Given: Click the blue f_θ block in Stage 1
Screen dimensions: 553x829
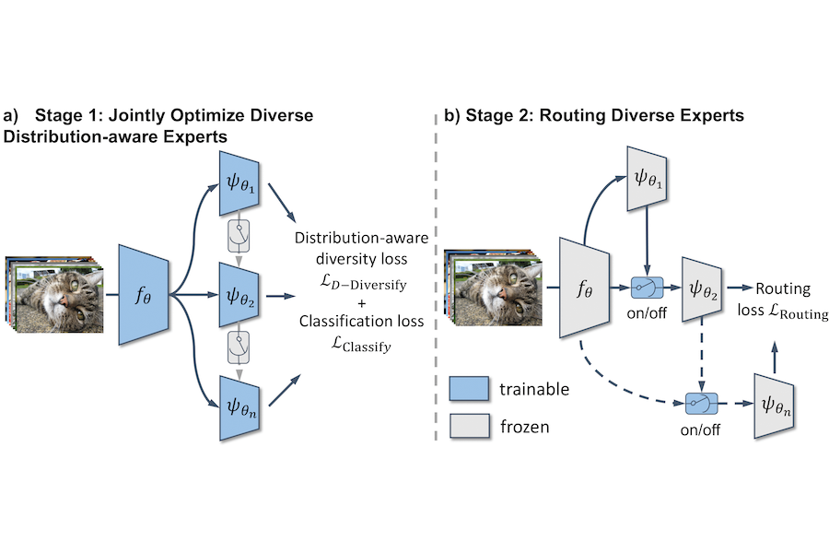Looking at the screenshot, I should pos(143,296).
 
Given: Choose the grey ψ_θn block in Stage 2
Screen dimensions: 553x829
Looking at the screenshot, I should pos(775,405).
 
